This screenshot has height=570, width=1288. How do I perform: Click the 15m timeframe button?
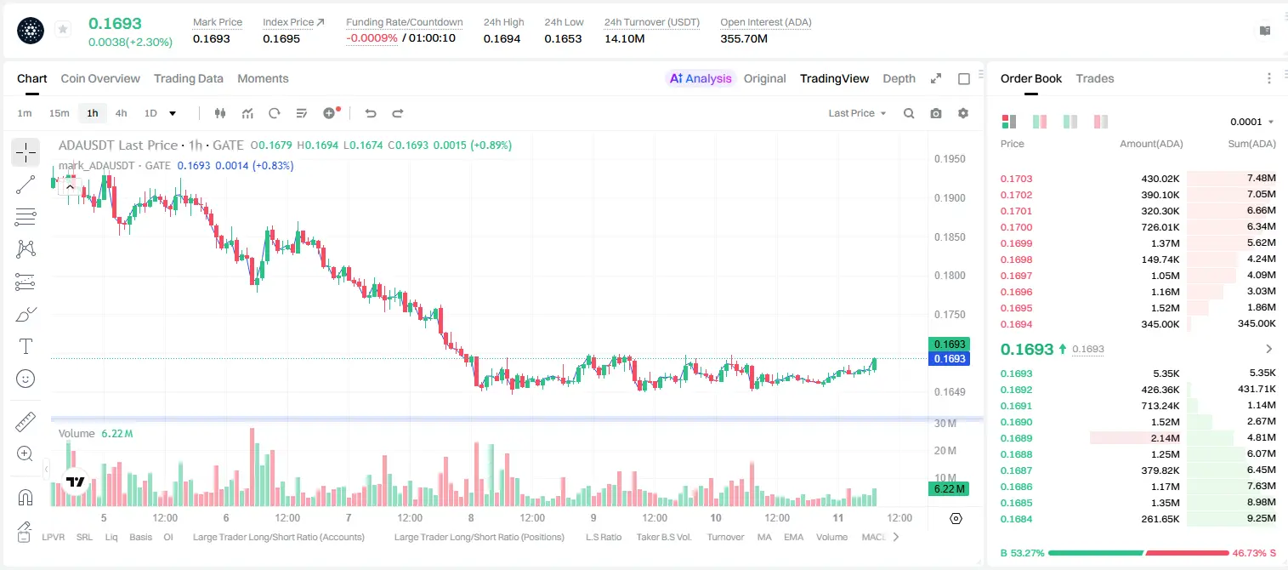click(59, 113)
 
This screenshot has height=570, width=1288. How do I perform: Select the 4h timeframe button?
click(121, 113)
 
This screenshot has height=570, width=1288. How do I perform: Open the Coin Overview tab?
click(100, 78)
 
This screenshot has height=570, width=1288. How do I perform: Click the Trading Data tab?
click(188, 78)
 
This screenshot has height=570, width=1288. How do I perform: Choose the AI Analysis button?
click(701, 78)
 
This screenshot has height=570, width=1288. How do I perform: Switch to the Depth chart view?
click(899, 78)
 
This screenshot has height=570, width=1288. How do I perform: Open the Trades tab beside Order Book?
click(1095, 78)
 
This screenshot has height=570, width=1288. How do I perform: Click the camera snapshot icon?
click(936, 113)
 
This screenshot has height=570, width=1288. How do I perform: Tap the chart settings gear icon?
click(963, 113)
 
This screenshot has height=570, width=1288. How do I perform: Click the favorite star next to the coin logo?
click(63, 29)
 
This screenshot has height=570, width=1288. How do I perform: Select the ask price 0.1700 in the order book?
click(1016, 227)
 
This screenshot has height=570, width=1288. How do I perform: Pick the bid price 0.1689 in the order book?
click(1016, 438)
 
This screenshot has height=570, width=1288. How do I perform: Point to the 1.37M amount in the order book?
click(1165, 243)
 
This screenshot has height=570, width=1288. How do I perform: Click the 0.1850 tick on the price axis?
click(950, 237)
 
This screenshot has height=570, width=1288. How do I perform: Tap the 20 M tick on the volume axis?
click(945, 450)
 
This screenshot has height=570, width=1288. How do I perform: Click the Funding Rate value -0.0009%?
click(372, 38)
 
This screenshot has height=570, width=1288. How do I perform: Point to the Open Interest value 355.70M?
click(744, 38)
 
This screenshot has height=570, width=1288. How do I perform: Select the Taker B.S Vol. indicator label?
click(663, 537)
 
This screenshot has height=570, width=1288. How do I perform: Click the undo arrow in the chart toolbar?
click(371, 113)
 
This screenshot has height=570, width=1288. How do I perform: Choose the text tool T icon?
click(26, 346)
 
